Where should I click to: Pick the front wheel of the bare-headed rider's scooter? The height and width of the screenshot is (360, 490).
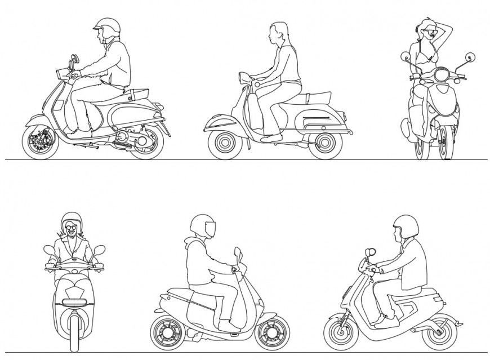point(225,143)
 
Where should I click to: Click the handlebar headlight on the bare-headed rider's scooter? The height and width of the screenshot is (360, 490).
point(244,76)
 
